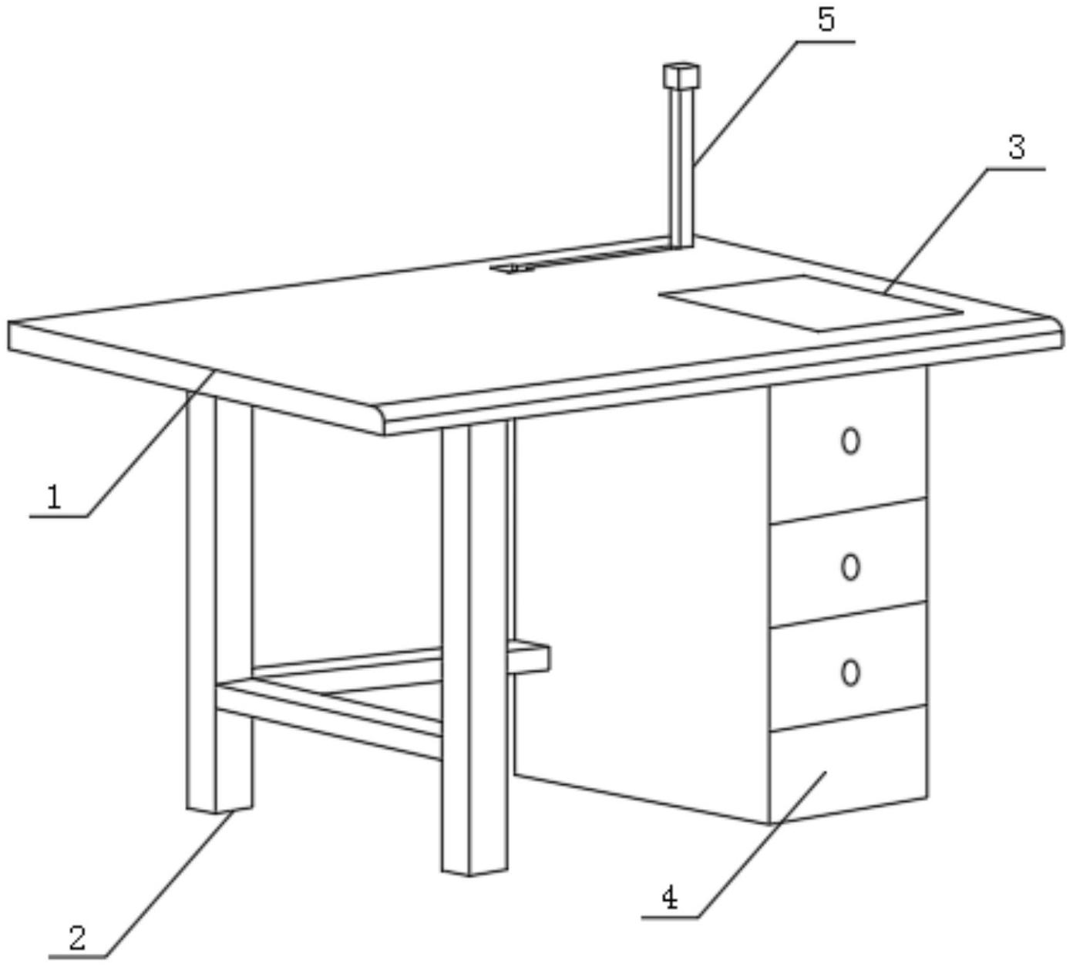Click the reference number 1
pos(54,497)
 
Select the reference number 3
pos(1017,147)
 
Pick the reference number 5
pos(826,20)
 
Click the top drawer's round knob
pos(850,441)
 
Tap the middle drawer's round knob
pos(850,567)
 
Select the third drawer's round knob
pos(850,672)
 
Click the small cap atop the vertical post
pos(681,76)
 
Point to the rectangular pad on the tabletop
pos(810,303)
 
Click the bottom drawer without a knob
pos(849,763)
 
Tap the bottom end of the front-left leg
pos(220,810)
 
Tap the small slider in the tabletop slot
pos(513,268)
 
